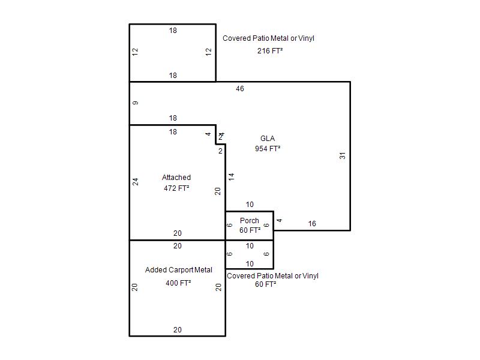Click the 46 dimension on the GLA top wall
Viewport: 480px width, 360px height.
point(240,89)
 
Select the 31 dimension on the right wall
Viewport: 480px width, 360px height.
point(343,155)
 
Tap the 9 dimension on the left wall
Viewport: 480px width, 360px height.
point(136,103)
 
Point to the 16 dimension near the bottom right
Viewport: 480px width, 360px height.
point(312,224)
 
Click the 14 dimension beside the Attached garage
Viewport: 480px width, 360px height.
point(232,176)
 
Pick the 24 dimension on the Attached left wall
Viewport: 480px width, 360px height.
point(136,182)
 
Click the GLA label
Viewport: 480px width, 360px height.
point(268,139)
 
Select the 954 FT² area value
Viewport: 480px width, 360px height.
point(268,149)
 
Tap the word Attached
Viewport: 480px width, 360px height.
point(176,178)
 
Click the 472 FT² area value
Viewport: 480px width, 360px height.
point(176,188)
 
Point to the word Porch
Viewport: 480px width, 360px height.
point(250,221)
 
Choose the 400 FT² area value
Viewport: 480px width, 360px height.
point(178,283)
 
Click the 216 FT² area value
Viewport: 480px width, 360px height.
point(269,51)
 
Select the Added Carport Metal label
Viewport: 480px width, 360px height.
point(179,270)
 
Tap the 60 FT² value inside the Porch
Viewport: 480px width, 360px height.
point(250,230)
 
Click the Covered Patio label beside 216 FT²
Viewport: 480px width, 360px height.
point(268,38)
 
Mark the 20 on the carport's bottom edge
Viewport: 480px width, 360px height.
point(178,330)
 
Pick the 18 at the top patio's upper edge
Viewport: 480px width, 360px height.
point(173,31)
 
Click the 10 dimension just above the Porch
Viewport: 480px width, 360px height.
point(250,205)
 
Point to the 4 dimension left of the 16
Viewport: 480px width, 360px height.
point(279,220)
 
